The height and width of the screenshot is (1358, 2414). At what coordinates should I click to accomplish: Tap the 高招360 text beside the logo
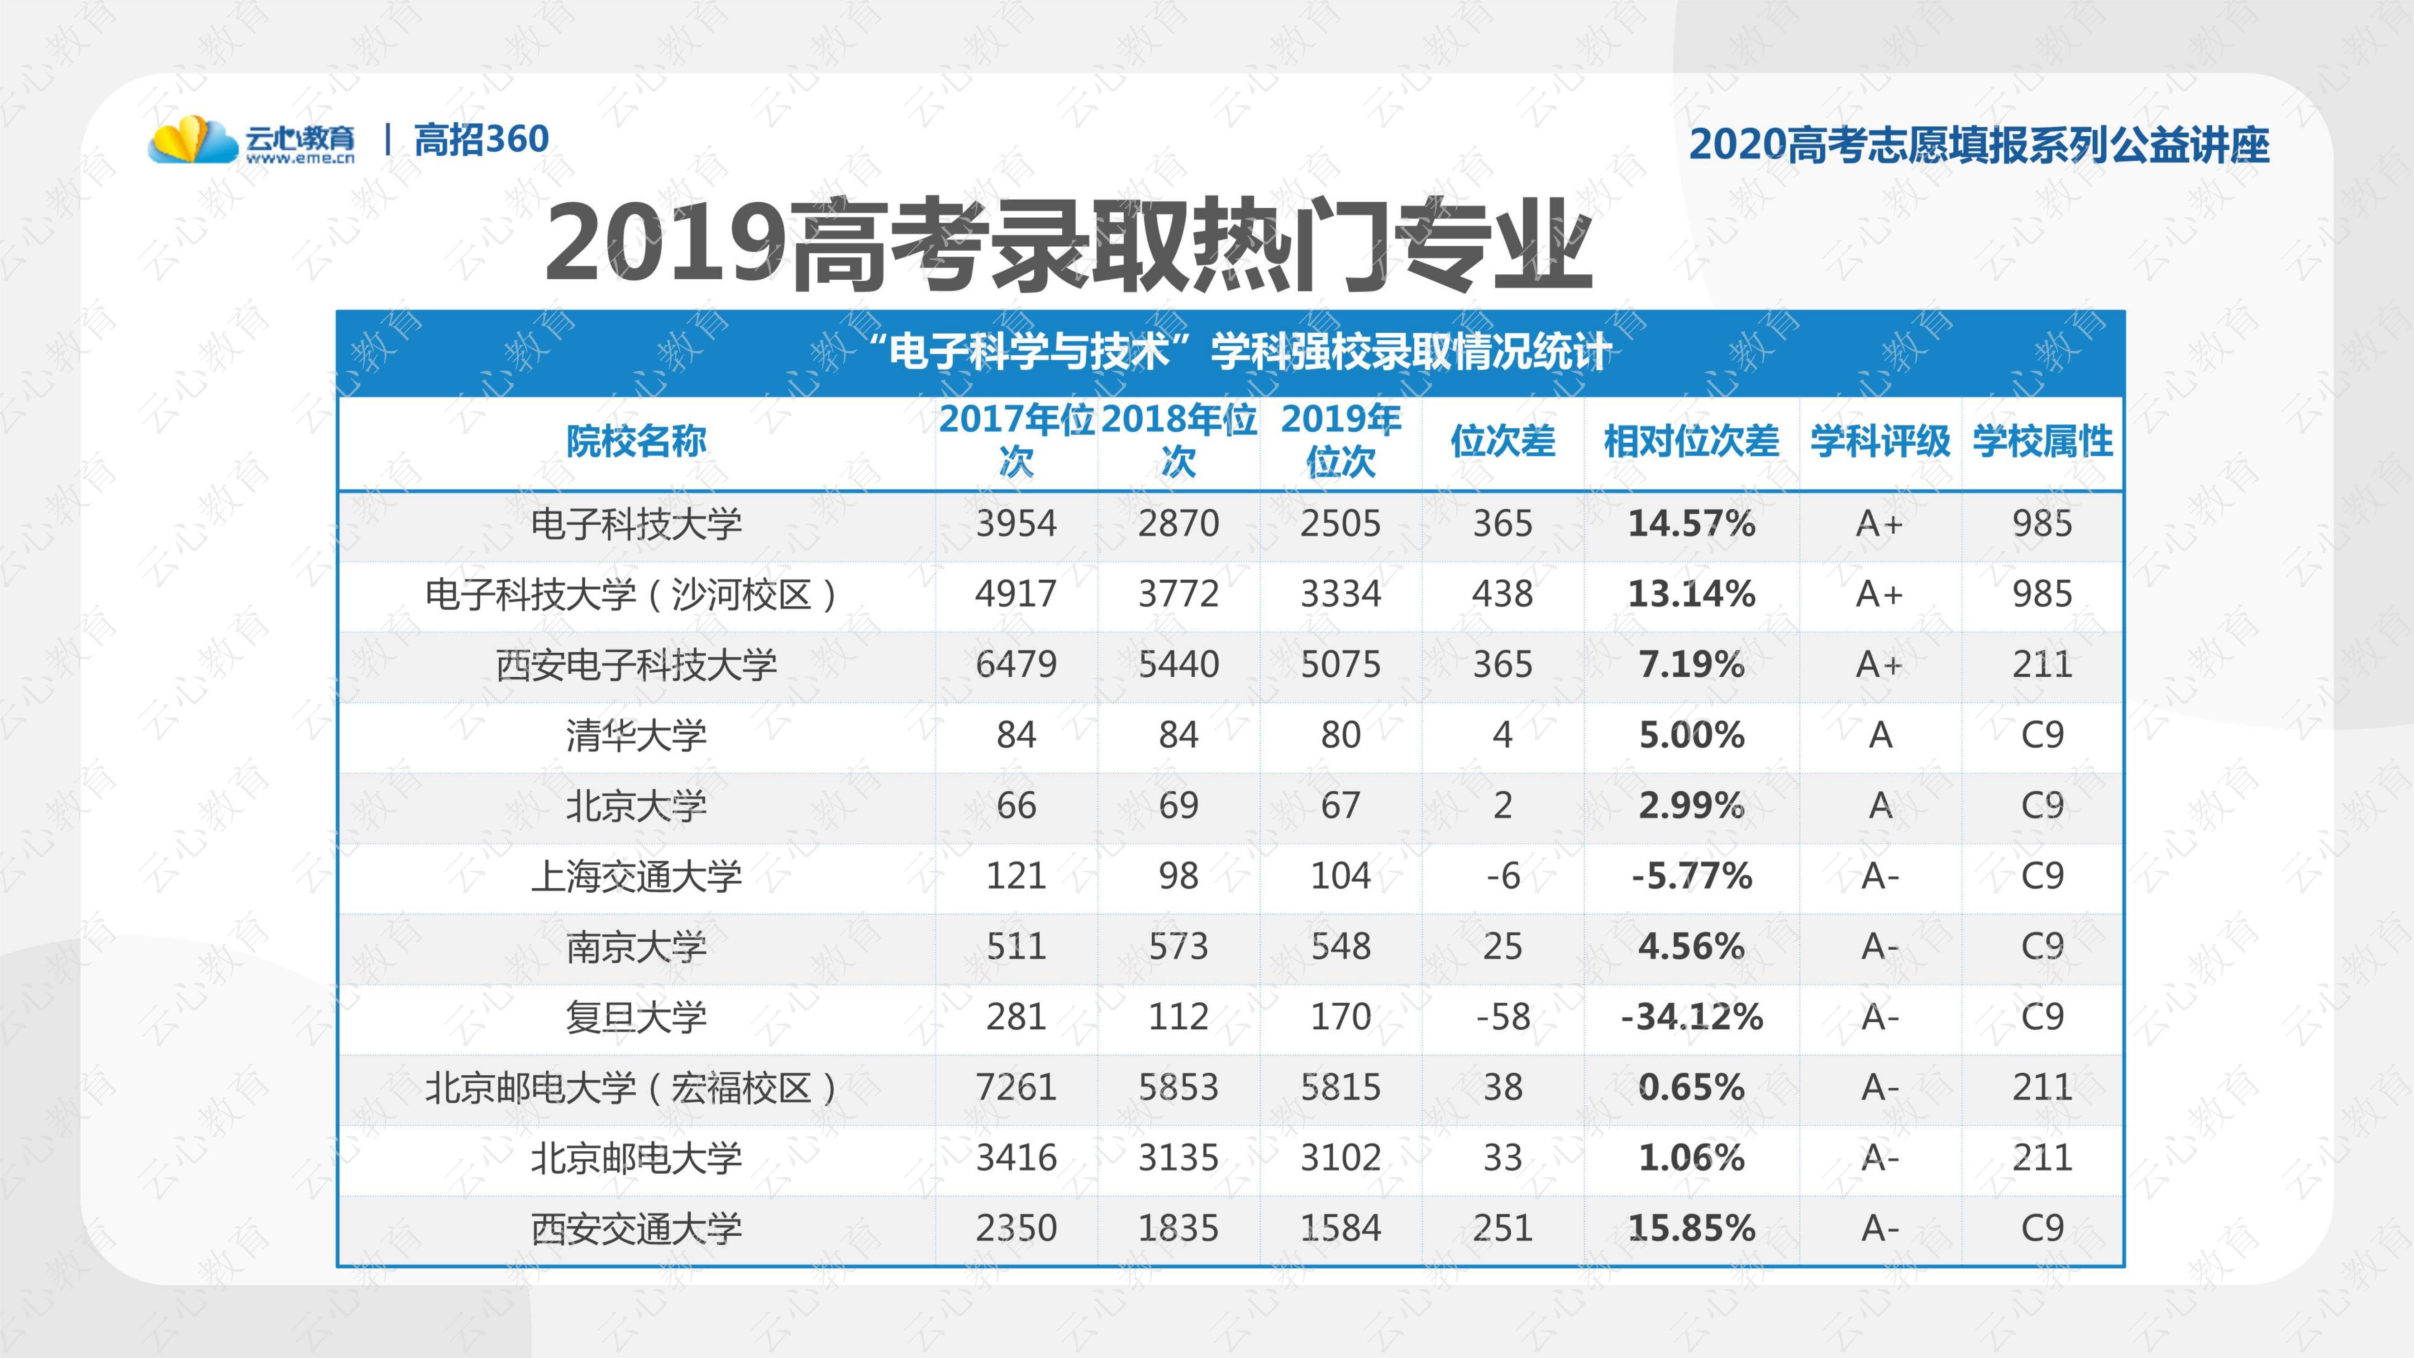pos(481,139)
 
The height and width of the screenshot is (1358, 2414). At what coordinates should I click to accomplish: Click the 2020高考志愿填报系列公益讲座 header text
pos(1979,144)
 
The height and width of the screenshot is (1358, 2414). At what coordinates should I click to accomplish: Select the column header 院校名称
pos(636,441)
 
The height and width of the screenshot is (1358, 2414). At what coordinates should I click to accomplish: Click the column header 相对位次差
pos(1692,441)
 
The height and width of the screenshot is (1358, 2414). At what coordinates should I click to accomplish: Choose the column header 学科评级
pos(1880,441)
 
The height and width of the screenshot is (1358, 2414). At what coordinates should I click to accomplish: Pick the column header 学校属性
pos(2043,441)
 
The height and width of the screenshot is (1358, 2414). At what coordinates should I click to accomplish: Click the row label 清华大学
pos(636,735)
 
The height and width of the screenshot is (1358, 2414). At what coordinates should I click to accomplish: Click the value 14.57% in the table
pos(1692,523)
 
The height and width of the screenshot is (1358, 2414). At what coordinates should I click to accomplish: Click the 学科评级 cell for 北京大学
pos(1880,805)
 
